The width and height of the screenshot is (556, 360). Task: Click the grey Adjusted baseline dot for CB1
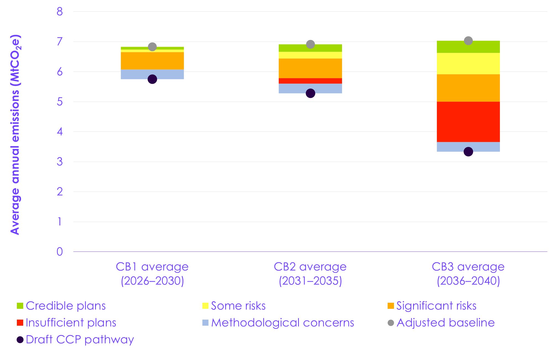[152, 47]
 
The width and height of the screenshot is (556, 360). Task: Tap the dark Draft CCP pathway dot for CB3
[468, 152]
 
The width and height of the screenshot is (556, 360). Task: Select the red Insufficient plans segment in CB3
[468, 122]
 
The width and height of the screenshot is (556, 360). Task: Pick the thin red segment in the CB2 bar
[310, 81]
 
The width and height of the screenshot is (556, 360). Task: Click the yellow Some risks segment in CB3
[468, 63]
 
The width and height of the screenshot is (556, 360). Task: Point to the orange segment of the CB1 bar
[152, 61]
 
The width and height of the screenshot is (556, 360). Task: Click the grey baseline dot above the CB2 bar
[310, 44]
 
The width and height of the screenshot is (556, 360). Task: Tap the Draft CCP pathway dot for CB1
[152, 79]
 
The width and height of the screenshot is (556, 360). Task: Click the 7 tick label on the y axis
[60, 42]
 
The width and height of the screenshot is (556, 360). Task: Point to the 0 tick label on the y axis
[60, 252]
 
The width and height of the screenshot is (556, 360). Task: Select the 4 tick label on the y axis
[60, 132]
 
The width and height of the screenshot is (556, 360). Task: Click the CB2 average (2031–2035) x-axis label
[310, 274]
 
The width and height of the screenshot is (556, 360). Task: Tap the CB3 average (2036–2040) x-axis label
[468, 274]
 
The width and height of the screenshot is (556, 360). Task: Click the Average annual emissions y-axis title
[15, 134]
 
